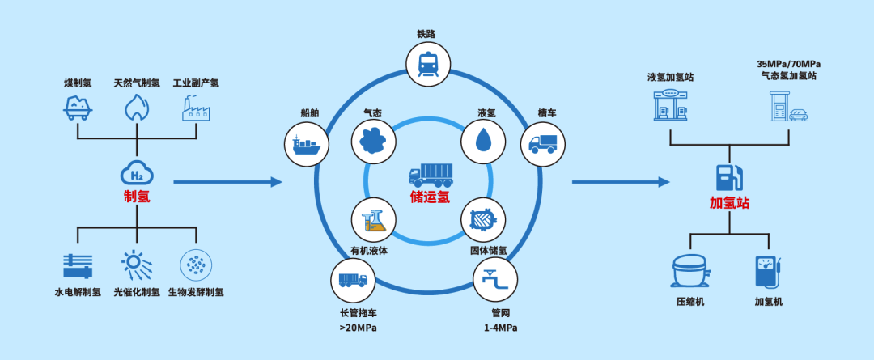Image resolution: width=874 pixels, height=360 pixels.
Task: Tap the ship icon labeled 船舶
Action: (x=308, y=143)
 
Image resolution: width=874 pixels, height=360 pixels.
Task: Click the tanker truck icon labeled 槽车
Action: (x=543, y=143)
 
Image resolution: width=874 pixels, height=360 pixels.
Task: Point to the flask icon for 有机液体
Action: (x=374, y=219)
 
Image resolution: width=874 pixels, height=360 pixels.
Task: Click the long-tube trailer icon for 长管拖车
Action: (x=354, y=281)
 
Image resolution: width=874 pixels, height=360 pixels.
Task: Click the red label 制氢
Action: (x=136, y=197)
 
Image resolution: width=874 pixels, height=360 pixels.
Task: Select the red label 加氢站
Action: (x=729, y=201)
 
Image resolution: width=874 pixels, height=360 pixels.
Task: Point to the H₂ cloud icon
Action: (x=136, y=172)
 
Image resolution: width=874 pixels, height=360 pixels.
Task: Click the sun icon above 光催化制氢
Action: (x=135, y=265)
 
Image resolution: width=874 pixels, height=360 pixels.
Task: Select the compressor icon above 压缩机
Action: (x=690, y=272)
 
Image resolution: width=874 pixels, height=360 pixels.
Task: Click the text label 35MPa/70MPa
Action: (x=786, y=64)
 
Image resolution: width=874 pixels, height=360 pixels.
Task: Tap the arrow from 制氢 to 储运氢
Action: (x=227, y=182)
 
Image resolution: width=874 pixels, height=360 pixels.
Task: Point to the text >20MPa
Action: (x=358, y=328)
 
